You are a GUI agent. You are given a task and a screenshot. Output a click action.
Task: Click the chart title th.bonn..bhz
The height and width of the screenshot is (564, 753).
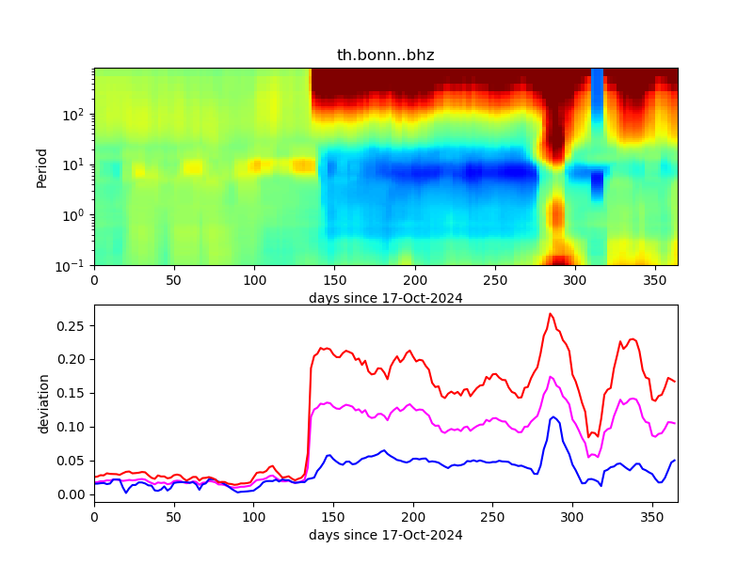[x=385, y=55]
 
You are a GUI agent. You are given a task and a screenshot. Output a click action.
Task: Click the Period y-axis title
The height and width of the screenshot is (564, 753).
[x=41, y=166]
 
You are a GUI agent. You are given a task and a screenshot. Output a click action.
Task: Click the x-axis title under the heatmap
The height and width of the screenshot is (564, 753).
[x=385, y=298]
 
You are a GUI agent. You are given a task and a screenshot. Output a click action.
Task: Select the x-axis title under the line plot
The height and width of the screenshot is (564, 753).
[x=385, y=535]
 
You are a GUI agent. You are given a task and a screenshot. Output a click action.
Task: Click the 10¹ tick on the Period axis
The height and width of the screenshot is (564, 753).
[x=76, y=164]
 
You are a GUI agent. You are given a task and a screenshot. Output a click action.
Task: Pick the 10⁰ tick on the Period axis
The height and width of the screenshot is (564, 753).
[x=76, y=215]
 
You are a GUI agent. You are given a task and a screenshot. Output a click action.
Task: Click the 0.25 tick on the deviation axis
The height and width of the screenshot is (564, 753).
[x=72, y=325]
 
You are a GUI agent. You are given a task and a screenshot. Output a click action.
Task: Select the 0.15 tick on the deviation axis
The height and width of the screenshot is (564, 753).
[x=72, y=393]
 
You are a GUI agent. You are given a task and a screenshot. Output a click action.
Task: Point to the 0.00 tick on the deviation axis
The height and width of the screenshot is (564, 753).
[x=72, y=494]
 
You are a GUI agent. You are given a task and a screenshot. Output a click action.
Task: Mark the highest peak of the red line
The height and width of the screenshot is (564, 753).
[x=551, y=314]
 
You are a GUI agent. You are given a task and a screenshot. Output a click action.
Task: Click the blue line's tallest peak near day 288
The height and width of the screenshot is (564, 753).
[x=553, y=416]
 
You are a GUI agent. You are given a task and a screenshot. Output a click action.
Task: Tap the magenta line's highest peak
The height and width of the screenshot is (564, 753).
[x=552, y=377]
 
